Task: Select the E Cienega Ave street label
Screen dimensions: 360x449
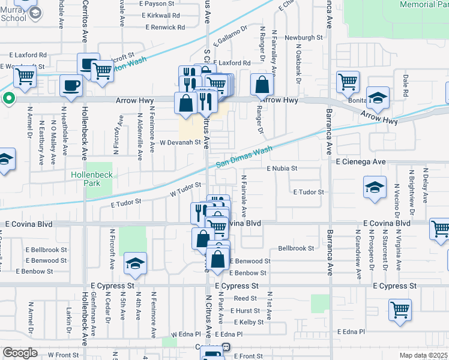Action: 361,162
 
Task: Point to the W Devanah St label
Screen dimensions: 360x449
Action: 179,142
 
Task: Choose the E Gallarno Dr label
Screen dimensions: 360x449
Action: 229,36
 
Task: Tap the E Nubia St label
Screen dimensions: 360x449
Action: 282,169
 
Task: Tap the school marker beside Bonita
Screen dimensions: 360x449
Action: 378,98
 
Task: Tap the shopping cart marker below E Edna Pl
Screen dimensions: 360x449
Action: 400,310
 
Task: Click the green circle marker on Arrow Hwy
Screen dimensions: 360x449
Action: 8,98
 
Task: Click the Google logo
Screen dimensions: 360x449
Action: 20,353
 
